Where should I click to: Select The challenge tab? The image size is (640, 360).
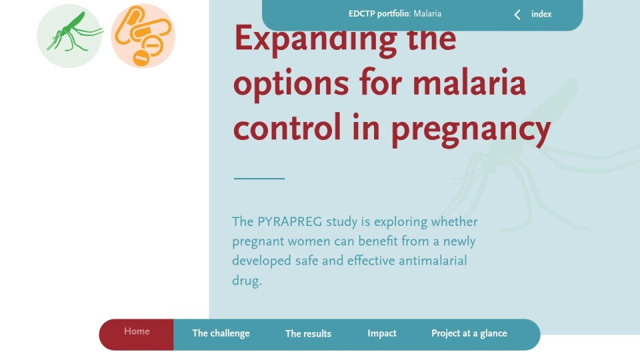tap(221, 333)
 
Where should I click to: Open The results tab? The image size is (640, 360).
tap(308, 334)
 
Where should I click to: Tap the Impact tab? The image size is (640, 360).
tap(381, 333)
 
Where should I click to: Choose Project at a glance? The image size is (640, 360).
tap(469, 333)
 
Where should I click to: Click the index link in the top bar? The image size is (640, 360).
tap(541, 14)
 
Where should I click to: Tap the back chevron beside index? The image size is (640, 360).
tap(517, 15)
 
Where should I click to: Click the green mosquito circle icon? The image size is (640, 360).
tap(69, 36)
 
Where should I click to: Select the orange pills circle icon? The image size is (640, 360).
tap(143, 36)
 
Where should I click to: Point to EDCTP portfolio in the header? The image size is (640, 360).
tap(379, 14)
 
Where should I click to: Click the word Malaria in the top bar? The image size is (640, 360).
tap(427, 14)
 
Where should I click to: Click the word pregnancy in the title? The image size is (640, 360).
tap(471, 129)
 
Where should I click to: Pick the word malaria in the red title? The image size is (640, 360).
tap(469, 82)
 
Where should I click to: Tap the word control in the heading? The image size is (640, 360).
tap(287, 127)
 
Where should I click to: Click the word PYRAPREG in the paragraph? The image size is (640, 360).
tap(289, 222)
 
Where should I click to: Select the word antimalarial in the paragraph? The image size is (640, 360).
tap(433, 261)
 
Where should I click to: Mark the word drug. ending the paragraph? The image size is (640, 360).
tap(247, 281)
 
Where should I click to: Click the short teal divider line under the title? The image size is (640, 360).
tap(259, 179)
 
